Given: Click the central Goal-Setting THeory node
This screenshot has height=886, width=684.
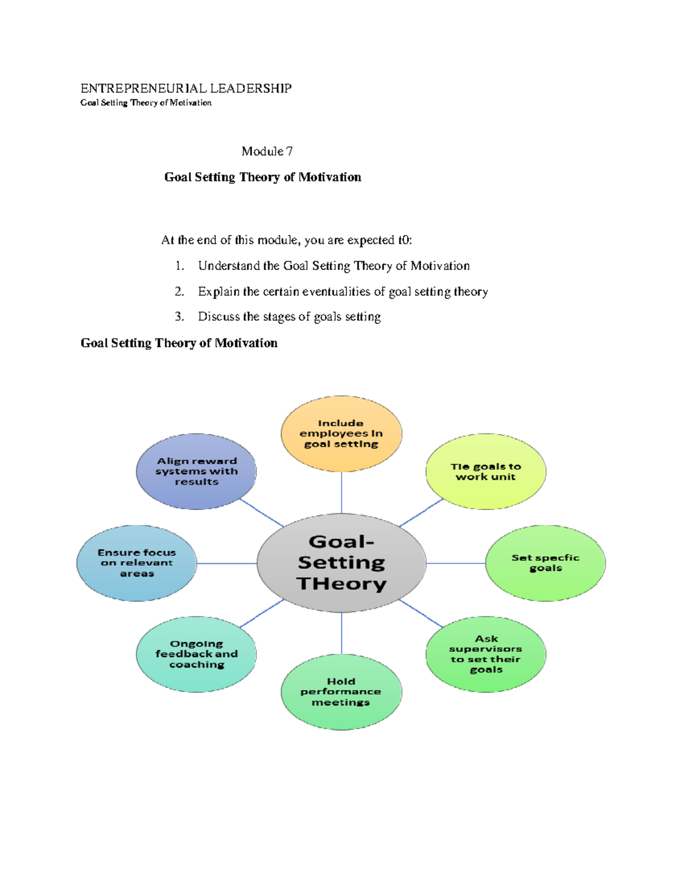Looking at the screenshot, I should (x=341, y=563).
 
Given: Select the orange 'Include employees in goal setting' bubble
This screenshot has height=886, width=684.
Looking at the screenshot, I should (x=341, y=434).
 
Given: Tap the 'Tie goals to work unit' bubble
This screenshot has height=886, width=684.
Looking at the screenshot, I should (x=486, y=471).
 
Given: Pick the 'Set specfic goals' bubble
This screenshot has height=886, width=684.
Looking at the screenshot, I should (x=545, y=563).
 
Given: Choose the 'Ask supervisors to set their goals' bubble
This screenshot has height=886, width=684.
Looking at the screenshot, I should (x=486, y=654).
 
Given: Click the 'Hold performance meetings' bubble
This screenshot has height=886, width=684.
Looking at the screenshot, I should (x=341, y=691).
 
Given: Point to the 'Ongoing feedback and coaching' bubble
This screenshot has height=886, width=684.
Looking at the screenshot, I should (x=196, y=654).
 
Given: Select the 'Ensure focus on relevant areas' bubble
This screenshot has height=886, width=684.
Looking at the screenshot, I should (x=137, y=563).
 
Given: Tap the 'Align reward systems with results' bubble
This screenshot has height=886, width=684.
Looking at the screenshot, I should (x=196, y=471).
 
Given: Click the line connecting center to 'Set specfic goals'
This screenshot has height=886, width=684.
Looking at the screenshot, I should (x=456, y=563).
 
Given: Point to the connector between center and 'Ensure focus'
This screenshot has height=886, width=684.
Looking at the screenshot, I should (x=227, y=563).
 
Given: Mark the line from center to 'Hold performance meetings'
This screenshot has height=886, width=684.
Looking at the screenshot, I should (x=341, y=633).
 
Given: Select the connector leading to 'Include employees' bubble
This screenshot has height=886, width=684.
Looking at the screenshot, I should (x=341, y=492).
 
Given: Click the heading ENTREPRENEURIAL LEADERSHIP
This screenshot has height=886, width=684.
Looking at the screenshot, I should (x=186, y=88).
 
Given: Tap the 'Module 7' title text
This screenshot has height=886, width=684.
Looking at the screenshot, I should (x=267, y=151).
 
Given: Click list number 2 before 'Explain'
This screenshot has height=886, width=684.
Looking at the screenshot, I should (x=180, y=292).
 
